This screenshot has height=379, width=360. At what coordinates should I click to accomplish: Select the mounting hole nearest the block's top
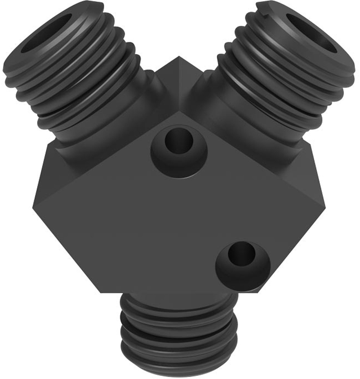pyautogui.click(x=178, y=142)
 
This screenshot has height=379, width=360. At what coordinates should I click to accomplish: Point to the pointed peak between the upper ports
pyautogui.click(x=179, y=58)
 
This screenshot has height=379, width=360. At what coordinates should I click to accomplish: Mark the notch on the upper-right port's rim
pyautogui.click(x=264, y=5)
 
